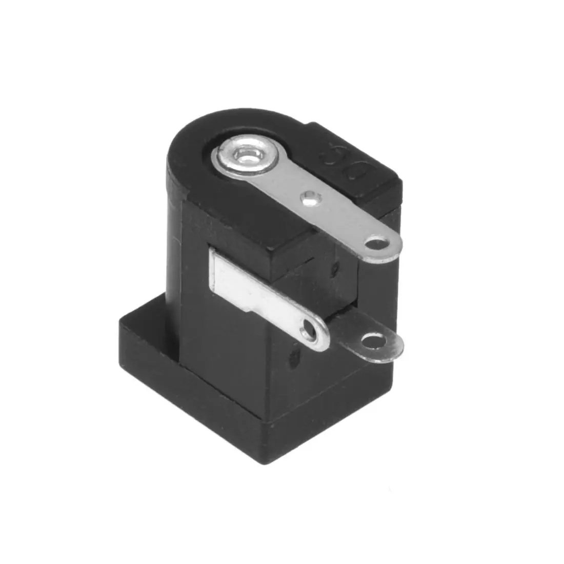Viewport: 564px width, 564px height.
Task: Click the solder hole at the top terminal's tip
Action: click(379, 243)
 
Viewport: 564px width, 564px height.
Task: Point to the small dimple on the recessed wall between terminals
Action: click(336, 267)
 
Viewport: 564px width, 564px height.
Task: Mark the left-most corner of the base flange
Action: click(120, 319)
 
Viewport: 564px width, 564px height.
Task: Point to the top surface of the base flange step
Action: click(149, 328)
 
